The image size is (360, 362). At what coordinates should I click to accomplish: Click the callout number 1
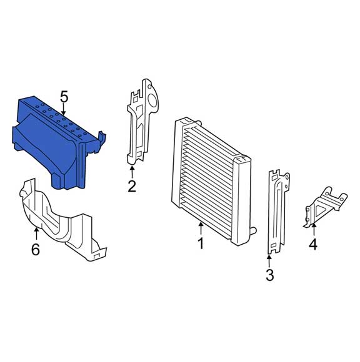pos(201,243)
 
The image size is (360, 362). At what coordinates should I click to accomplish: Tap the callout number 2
pos(132,185)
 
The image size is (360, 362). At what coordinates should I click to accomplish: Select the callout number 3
pos(269,275)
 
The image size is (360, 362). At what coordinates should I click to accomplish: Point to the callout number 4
pos(312,244)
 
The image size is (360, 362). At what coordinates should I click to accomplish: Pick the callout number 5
pos(64,97)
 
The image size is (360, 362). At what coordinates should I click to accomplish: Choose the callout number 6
pos(36,250)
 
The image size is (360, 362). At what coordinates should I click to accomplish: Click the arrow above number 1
pos(201,228)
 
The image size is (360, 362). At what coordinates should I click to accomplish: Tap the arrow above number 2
pos(132,170)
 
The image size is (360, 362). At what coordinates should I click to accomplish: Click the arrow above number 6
pos(36,234)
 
